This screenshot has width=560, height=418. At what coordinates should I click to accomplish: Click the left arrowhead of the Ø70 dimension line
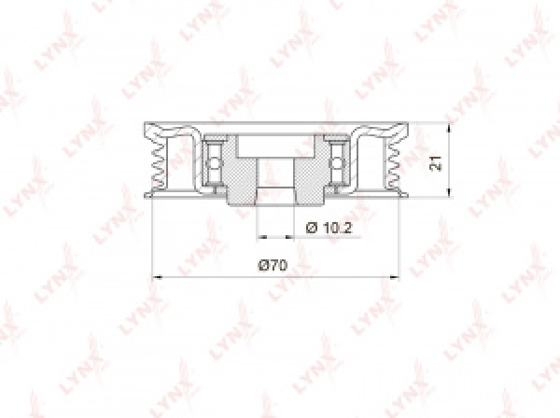tap(155, 277)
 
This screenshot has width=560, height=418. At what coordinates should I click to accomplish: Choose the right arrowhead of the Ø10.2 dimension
tap(291, 236)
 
